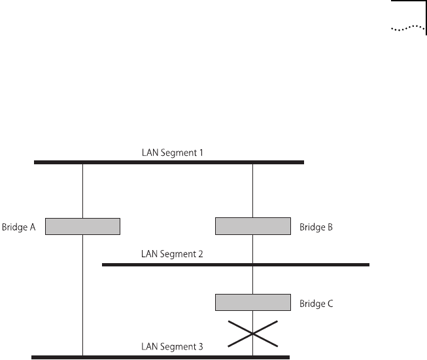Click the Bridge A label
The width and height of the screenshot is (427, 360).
(x=18, y=227)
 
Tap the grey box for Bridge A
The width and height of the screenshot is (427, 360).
(x=82, y=226)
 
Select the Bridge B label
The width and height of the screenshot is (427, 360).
(x=317, y=227)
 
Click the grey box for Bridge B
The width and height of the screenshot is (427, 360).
(x=253, y=226)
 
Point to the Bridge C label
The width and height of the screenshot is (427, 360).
(x=317, y=304)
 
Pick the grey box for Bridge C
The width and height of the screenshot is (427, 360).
(x=253, y=302)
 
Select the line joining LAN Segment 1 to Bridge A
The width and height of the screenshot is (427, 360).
(x=83, y=190)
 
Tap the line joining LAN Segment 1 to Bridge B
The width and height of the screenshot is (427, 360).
(x=253, y=190)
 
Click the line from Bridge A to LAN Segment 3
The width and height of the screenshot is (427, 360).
(x=83, y=295)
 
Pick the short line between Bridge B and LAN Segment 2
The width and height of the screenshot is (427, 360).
(x=253, y=249)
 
